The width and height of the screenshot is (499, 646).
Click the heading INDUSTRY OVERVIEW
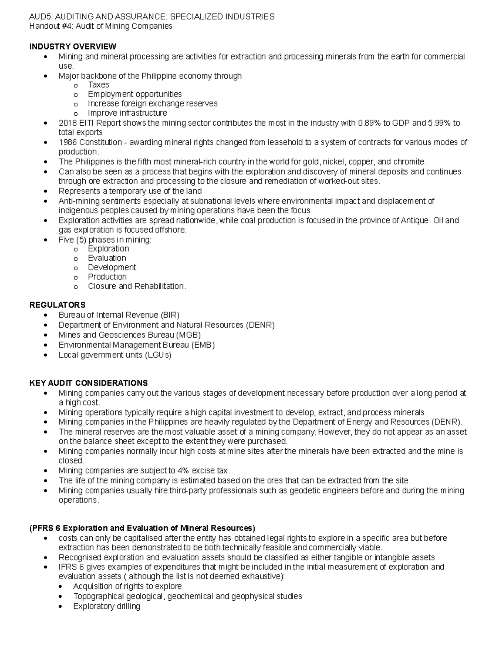click(73, 46)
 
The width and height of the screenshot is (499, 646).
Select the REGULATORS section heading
click(57, 305)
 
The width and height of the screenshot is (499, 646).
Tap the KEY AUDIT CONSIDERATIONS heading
click(88, 383)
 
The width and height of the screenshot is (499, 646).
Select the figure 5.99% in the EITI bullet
click(439, 123)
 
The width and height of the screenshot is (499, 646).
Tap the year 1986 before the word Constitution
click(68, 142)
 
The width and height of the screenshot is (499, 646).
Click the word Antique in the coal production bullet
click(414, 220)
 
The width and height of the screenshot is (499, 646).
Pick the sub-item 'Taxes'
click(98, 84)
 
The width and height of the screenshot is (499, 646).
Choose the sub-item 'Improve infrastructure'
click(127, 113)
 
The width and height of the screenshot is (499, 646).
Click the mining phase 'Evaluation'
click(107, 258)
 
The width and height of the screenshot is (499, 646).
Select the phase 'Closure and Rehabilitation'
click(137, 286)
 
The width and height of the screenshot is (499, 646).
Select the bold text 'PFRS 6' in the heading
click(46, 528)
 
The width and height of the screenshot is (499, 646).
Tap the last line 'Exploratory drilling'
click(106, 606)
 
